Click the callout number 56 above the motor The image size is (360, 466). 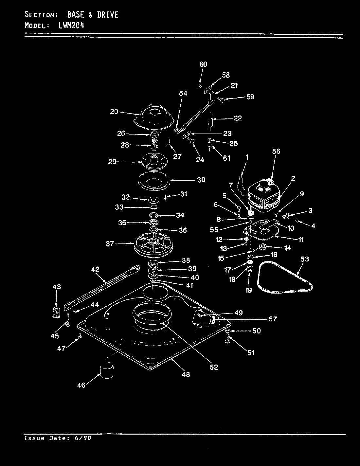click(x=276, y=152)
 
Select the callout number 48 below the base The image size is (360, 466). click(x=186, y=374)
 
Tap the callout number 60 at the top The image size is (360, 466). click(x=203, y=64)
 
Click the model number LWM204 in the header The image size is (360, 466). click(x=71, y=25)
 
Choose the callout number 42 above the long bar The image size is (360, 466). click(x=95, y=269)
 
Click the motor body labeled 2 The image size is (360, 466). click(x=265, y=197)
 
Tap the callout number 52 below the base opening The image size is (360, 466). click(x=213, y=367)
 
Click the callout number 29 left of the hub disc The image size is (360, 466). click(x=112, y=162)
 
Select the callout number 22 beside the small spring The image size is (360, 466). click(x=238, y=118)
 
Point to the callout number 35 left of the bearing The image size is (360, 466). click(x=122, y=223)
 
